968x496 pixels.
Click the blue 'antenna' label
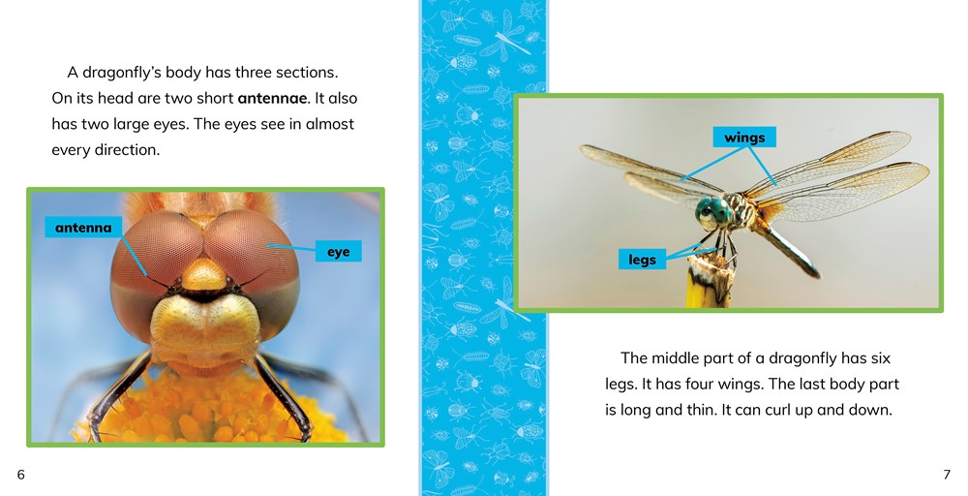(x=83, y=229)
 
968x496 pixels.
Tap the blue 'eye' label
(x=338, y=252)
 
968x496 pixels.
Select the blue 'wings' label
(x=744, y=138)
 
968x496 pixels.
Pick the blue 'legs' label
(x=642, y=259)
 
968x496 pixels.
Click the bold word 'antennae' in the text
(x=272, y=99)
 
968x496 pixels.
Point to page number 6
(x=20, y=474)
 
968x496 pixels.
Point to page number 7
(x=947, y=474)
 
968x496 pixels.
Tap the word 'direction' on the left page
(x=124, y=150)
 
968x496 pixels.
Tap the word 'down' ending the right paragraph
(x=867, y=410)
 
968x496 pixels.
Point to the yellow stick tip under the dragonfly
(x=707, y=290)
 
